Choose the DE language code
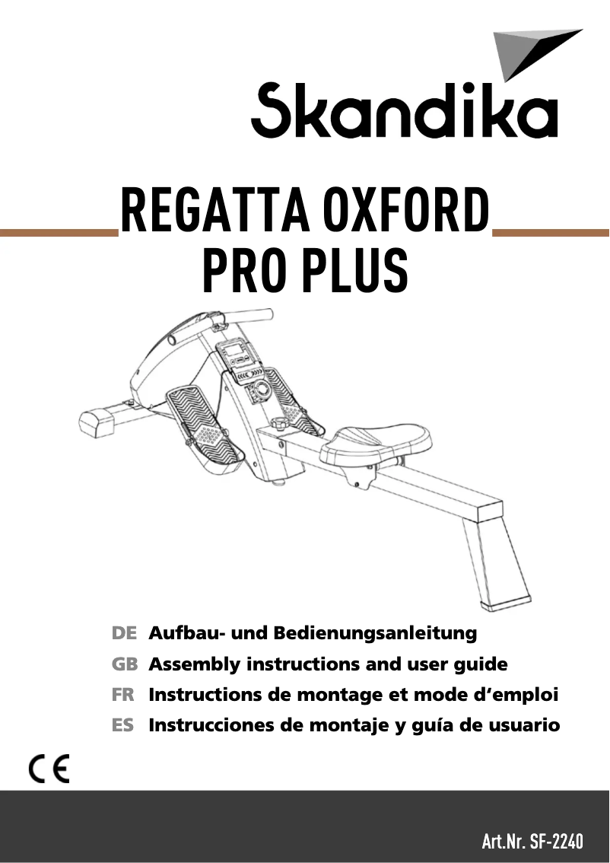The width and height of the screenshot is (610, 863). [124, 633]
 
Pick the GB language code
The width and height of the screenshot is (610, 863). [124, 664]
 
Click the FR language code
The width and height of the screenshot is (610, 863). [123, 695]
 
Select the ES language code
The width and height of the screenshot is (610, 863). [123, 725]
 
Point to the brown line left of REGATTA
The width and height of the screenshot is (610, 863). [57, 232]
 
